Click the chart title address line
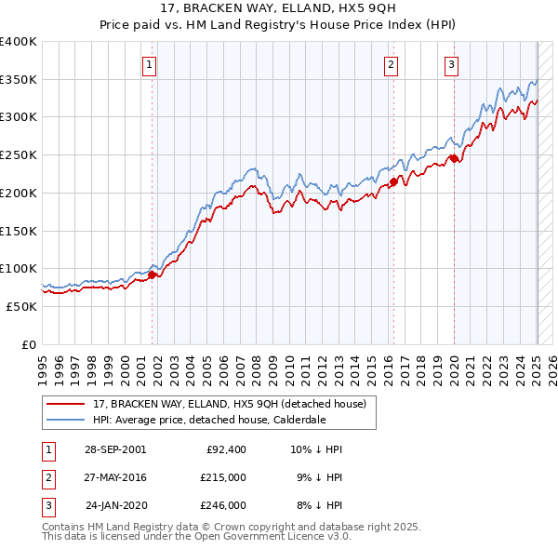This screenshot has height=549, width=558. click(279, 7)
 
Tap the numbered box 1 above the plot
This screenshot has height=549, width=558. click(150, 64)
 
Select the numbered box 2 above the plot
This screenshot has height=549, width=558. click(391, 64)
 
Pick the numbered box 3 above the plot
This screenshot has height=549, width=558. click(451, 64)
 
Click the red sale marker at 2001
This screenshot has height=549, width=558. click(152, 274)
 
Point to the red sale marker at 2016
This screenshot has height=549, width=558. click(393, 182)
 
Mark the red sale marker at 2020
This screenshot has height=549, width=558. click(454, 158)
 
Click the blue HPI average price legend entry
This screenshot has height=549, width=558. click(208, 420)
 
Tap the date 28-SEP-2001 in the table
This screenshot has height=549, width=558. click(115, 449)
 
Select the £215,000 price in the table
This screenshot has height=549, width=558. click(223, 477)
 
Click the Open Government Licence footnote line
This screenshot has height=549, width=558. click(196, 537)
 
